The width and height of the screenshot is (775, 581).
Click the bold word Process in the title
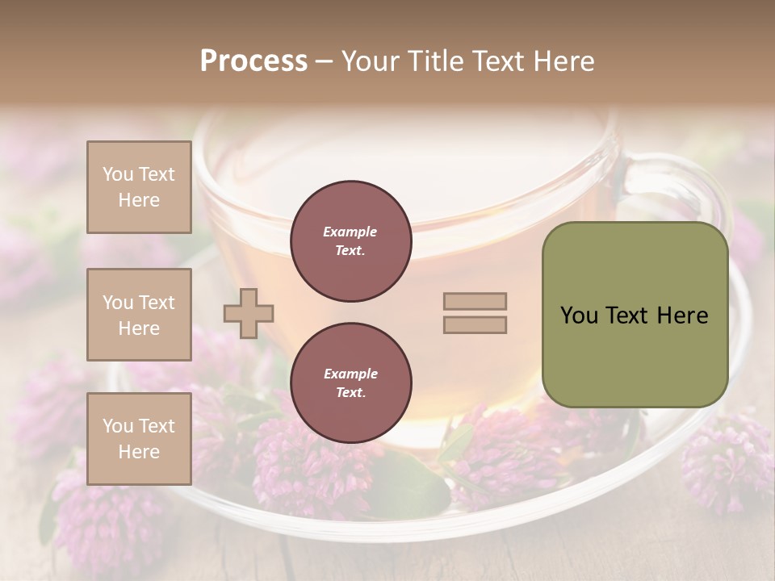coord(253,61)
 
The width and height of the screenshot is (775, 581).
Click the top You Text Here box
coord(139,187)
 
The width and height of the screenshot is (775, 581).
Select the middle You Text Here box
coord(139,315)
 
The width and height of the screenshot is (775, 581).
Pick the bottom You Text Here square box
coord(139,439)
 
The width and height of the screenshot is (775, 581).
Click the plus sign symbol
coord(249,313)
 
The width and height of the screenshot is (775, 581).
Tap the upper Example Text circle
coord(350,241)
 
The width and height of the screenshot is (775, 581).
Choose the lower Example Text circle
coord(350,383)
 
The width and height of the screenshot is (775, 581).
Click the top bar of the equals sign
coord(475,302)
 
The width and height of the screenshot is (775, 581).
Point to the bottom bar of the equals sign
coord(475,325)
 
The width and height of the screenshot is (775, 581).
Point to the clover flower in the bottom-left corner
coord(97,516)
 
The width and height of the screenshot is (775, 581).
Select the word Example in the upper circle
coord(350,232)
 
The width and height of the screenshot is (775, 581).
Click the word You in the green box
coord(578,316)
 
